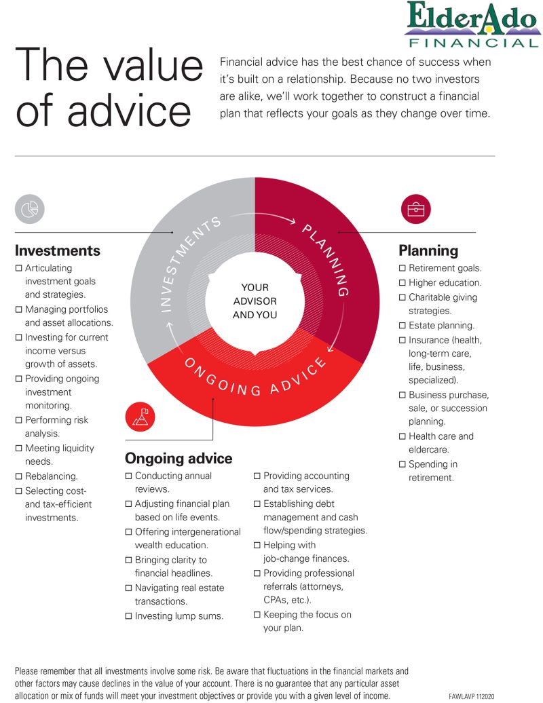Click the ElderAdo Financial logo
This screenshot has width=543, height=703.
(x=472, y=24)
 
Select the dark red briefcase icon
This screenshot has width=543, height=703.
(x=415, y=209)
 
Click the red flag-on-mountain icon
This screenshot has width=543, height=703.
(x=140, y=416)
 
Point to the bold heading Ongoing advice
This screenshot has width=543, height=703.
(x=179, y=458)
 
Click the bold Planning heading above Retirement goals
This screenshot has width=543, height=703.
(x=428, y=250)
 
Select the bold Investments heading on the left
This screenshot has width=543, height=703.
(x=58, y=250)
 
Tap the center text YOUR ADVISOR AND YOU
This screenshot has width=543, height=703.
(x=255, y=301)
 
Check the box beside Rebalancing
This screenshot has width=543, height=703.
(x=19, y=476)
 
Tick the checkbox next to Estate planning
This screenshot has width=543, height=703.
(x=402, y=326)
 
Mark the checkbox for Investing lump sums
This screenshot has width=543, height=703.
(x=129, y=616)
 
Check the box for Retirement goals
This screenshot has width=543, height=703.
(x=402, y=269)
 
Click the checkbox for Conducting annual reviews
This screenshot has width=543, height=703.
(x=129, y=476)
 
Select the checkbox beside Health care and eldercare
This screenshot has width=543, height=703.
(x=402, y=436)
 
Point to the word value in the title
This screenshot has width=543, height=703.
(x=147, y=67)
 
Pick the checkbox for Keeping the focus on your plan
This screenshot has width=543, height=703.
(x=257, y=615)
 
